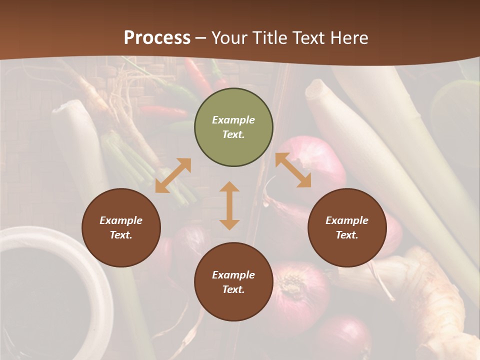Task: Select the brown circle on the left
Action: coord(121,227)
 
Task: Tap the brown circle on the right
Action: coord(347,227)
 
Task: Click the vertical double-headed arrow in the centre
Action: coord(229,205)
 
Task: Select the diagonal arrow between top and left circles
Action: coord(173,175)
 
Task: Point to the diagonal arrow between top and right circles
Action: coord(293,170)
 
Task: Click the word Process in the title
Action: coord(157,37)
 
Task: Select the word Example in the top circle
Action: coord(233,120)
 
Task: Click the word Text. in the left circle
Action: coord(121,235)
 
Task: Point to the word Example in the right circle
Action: coord(347,220)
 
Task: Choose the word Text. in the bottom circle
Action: coord(233,289)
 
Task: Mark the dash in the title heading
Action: coord(201,38)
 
